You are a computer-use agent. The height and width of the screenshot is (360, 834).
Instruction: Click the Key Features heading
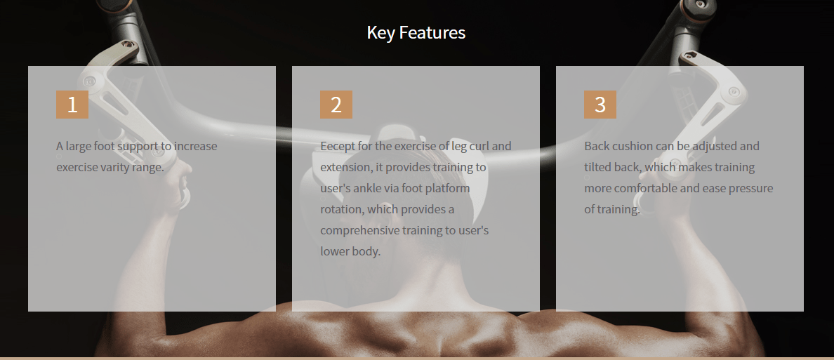(x=416, y=32)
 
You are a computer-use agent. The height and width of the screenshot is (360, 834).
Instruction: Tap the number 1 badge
(x=72, y=105)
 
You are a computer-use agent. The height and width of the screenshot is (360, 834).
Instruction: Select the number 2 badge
(x=336, y=105)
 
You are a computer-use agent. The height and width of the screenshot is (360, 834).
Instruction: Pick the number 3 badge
(x=600, y=105)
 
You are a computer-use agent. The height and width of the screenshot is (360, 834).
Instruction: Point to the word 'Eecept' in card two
(x=336, y=146)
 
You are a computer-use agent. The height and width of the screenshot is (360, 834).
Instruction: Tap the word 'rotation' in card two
(x=341, y=210)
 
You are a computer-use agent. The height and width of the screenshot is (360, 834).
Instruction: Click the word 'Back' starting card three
(x=596, y=146)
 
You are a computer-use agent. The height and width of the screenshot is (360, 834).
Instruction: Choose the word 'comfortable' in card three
(x=641, y=188)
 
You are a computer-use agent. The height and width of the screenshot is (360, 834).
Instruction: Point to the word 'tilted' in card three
(x=597, y=167)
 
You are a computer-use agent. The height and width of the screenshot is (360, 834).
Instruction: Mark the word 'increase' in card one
(x=195, y=146)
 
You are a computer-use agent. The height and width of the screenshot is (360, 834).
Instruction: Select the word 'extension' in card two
(x=346, y=168)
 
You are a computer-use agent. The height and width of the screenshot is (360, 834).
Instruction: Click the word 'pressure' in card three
(x=751, y=189)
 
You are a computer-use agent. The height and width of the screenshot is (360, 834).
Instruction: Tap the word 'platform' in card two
(x=446, y=189)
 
